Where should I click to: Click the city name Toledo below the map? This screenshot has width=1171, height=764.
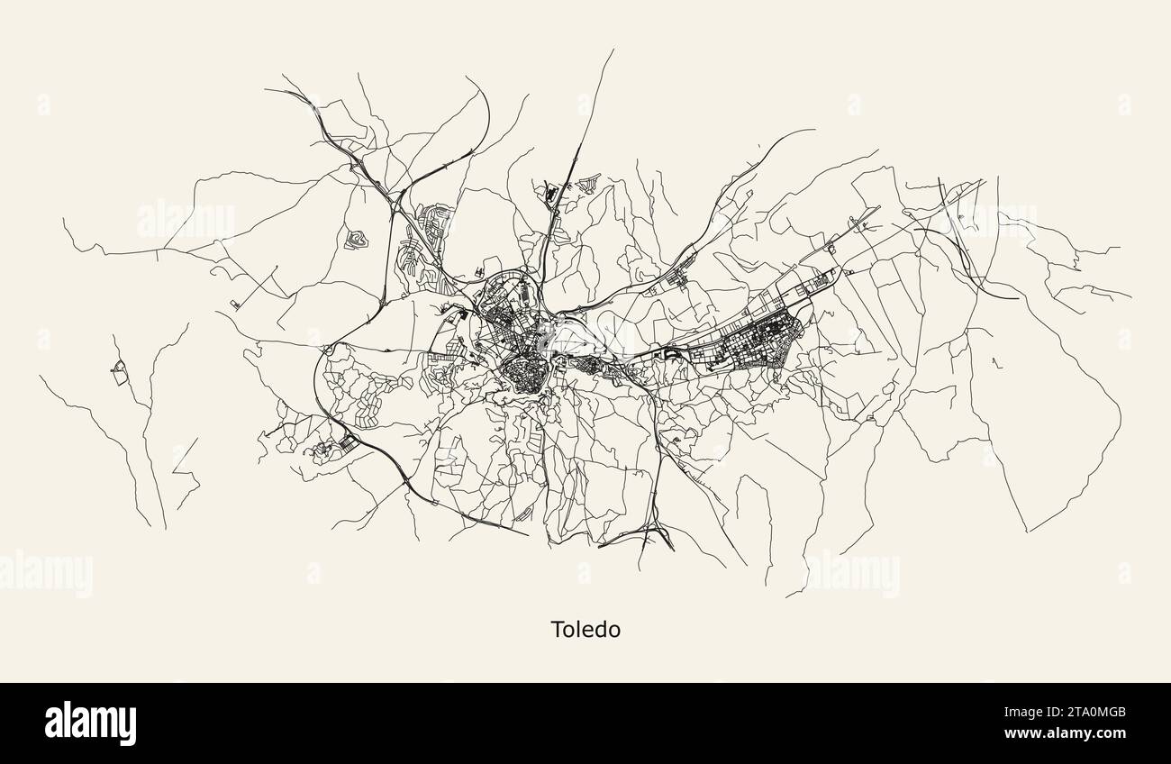[585, 629]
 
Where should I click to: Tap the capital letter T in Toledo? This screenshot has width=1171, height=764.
[558, 629]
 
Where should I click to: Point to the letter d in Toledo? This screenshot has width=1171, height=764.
[600, 629]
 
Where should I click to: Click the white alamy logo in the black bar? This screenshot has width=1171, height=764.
[90, 723]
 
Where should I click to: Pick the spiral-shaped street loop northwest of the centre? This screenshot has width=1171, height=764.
[358, 239]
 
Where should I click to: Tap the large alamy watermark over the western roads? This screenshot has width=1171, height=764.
[185, 219]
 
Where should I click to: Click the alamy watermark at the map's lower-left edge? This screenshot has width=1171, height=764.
[45, 573]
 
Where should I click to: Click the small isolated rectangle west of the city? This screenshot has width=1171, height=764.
[235, 304]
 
